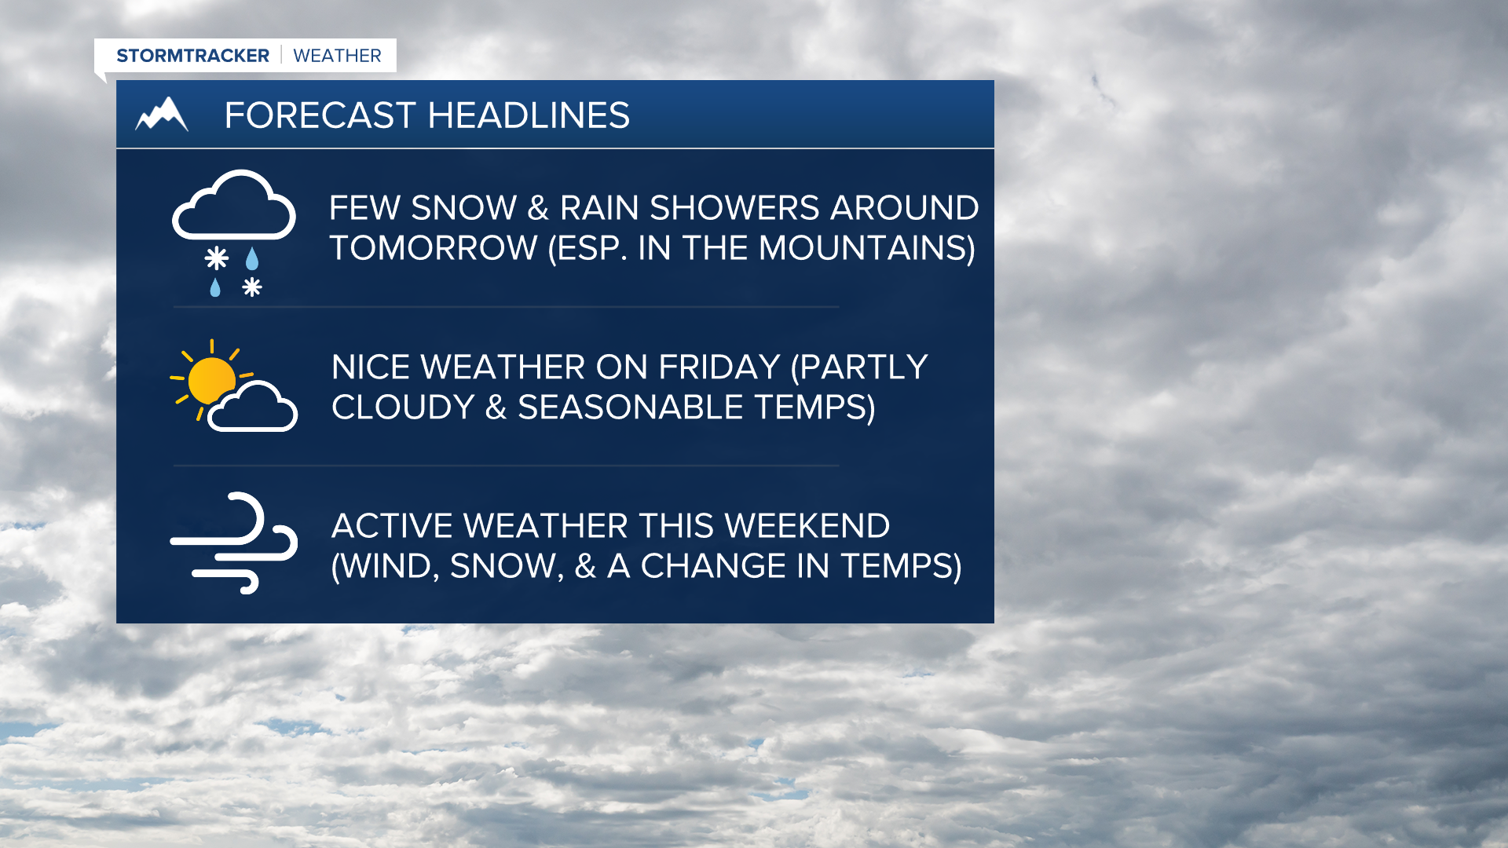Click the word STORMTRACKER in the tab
tap(192, 56)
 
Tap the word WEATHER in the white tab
tap(337, 56)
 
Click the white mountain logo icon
tap(162, 115)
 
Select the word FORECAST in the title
tap(320, 115)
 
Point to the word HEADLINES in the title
tap(529, 115)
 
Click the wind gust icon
tap(234, 543)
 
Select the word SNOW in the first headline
tap(463, 208)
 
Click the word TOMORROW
tap(433, 248)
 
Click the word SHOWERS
tap(734, 208)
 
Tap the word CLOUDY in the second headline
tap(403, 408)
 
